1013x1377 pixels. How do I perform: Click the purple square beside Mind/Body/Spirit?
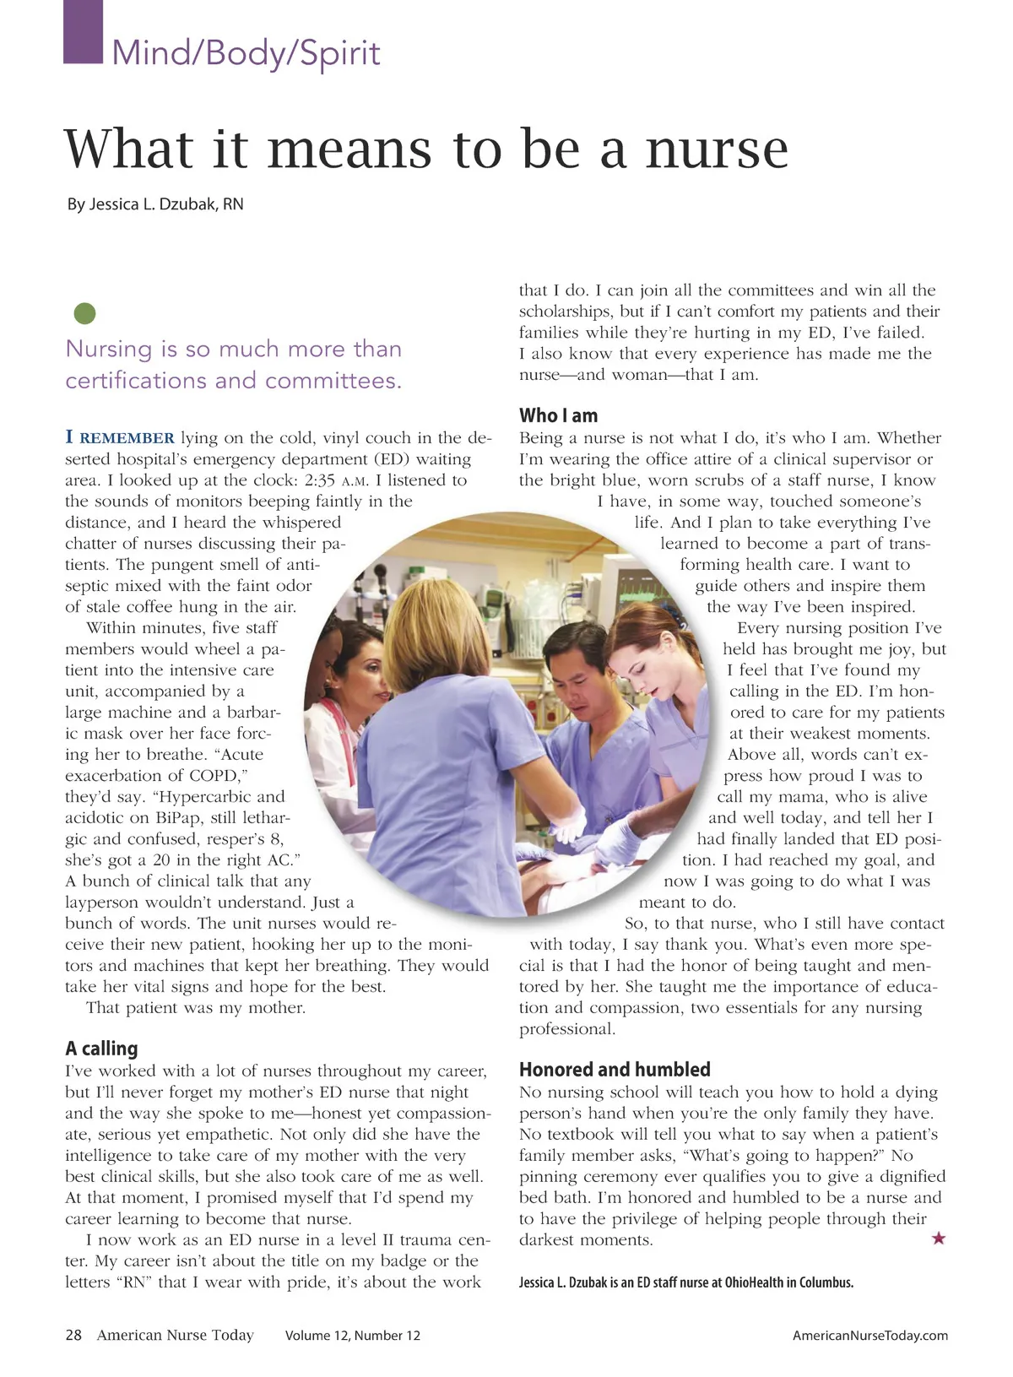pos(83,32)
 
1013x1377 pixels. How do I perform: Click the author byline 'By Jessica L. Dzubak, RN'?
pos(155,204)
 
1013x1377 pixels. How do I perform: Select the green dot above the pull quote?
pos(85,314)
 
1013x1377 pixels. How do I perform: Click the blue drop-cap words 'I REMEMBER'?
pos(120,437)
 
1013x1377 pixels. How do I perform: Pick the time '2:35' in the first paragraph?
pos(320,480)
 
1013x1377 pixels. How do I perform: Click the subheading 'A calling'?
pos(101,1048)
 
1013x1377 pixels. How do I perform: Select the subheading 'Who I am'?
pos(558,415)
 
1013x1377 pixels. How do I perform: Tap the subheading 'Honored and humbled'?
pos(615,1069)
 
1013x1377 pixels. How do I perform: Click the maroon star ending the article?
pos(938,1239)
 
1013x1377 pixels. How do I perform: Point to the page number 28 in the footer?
pos(73,1335)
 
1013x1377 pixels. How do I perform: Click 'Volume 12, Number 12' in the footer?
pos(352,1336)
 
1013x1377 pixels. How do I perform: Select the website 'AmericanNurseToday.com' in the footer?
pos(869,1336)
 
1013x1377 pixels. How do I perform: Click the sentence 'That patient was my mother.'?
pos(195,1007)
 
